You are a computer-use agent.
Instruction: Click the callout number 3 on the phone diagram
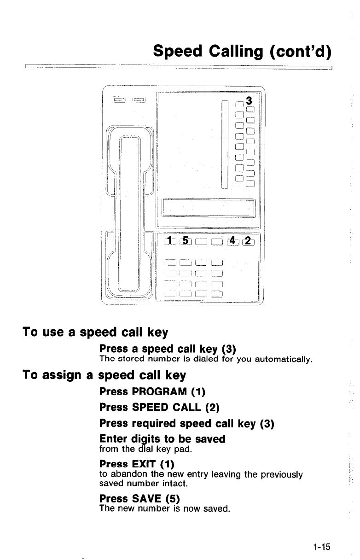coord(249,100)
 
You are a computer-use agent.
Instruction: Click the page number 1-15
coord(321,547)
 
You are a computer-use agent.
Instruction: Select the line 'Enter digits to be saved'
coord(162,439)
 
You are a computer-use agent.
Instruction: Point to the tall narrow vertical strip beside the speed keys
coord(225,144)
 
